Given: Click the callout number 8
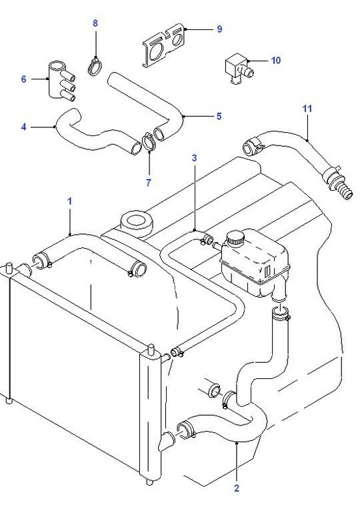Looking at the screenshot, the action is (x=95, y=23).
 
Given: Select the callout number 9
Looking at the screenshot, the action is (x=219, y=29).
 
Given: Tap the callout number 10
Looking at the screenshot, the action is (x=276, y=60).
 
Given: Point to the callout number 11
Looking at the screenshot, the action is (x=307, y=109).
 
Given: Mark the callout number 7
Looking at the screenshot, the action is (x=148, y=182).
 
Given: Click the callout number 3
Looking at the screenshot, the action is (x=194, y=158).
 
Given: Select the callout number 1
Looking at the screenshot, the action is (x=69, y=201).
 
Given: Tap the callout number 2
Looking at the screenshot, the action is (x=237, y=488).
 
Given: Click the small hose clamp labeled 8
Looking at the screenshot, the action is (x=95, y=66).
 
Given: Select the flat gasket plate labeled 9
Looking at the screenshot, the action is (x=164, y=45).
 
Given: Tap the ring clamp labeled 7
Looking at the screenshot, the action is (x=149, y=142).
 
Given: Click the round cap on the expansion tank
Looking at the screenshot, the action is (x=235, y=237).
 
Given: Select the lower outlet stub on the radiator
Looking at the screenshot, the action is (x=167, y=440).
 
